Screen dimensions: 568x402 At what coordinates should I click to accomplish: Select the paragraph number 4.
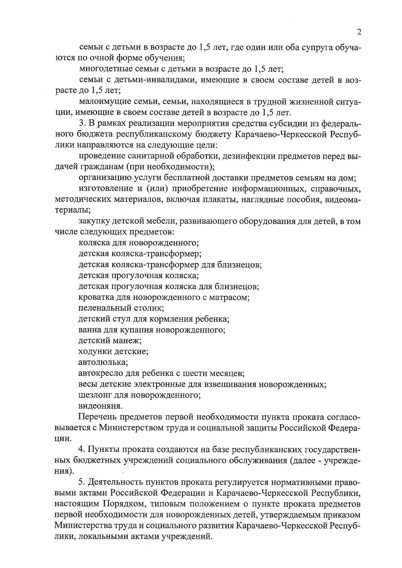point(81,449)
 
